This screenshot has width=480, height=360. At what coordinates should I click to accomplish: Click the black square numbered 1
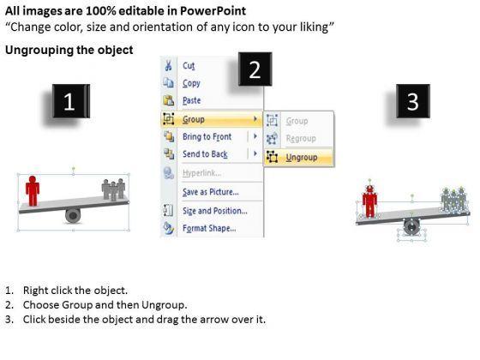(x=71, y=101)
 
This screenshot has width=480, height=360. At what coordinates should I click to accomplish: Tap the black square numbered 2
(x=255, y=69)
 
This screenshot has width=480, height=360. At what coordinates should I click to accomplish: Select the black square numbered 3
(x=413, y=101)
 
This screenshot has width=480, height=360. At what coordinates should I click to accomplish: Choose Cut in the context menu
(x=189, y=65)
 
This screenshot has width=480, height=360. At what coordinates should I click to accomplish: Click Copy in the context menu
(x=191, y=83)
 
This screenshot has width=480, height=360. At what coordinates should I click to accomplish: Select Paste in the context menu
(x=192, y=100)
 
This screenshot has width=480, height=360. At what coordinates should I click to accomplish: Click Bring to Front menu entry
(x=207, y=136)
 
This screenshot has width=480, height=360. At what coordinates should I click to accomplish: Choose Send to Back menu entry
(x=205, y=154)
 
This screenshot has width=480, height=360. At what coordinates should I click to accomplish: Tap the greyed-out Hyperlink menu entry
(x=201, y=173)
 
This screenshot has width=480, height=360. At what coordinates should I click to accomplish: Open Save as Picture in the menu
(x=211, y=192)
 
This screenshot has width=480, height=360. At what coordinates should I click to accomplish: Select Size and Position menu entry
(x=215, y=211)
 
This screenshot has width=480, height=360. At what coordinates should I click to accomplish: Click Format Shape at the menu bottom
(x=209, y=228)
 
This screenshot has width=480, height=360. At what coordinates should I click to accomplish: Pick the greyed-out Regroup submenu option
(x=301, y=139)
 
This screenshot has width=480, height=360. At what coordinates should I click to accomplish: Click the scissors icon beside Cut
(x=168, y=65)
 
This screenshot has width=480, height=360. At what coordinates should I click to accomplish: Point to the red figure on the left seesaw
(x=33, y=190)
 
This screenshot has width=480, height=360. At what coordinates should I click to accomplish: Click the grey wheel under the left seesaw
(x=73, y=216)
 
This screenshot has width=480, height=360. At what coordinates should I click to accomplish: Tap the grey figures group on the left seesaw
(x=113, y=189)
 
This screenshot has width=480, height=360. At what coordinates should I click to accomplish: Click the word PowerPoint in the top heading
(x=213, y=11)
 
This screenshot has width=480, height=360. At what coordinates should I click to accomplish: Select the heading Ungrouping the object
(x=69, y=51)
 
